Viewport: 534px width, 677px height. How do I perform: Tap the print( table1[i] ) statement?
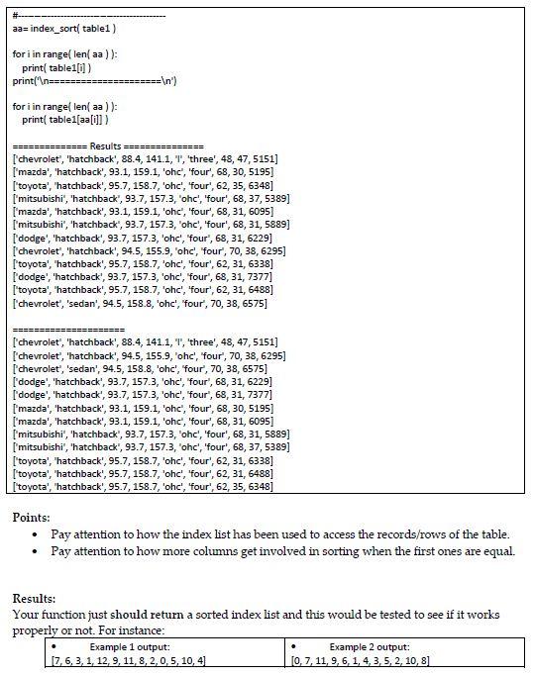point(58,67)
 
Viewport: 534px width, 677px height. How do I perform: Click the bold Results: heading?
point(35,598)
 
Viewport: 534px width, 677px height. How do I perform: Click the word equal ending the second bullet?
point(497,551)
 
